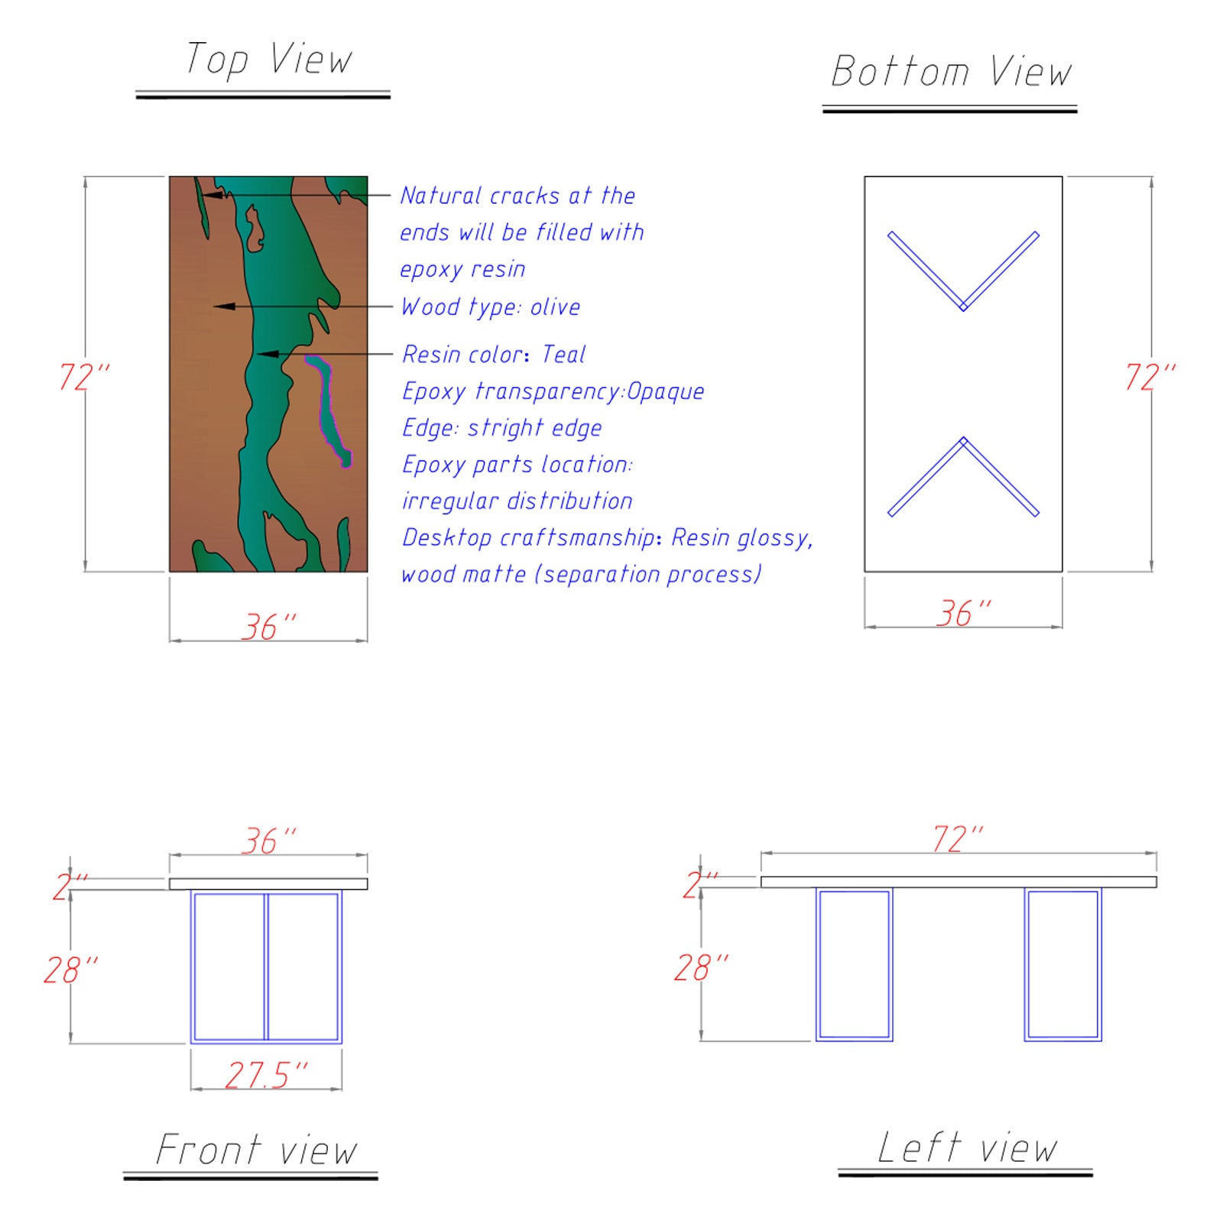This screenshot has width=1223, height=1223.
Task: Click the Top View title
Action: (269, 60)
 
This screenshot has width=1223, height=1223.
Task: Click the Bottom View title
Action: (952, 72)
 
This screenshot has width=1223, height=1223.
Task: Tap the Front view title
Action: (256, 1150)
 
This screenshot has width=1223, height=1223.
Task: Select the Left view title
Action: (968, 1147)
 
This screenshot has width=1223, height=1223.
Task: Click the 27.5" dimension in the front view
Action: (266, 1075)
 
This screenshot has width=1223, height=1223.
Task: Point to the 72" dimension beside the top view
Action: (84, 377)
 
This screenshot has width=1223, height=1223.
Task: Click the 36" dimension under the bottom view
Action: (964, 613)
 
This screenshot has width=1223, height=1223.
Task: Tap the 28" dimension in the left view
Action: (701, 968)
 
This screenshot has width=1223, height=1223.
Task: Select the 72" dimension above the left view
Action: (958, 839)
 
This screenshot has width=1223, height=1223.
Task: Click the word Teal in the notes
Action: (563, 354)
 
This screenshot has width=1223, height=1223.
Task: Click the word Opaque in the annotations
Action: (665, 391)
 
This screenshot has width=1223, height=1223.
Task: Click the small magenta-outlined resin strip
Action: (329, 409)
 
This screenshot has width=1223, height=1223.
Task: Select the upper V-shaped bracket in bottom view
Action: (963, 271)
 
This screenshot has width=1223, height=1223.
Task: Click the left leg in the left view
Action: (854, 965)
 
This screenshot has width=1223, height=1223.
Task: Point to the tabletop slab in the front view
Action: (268, 884)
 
